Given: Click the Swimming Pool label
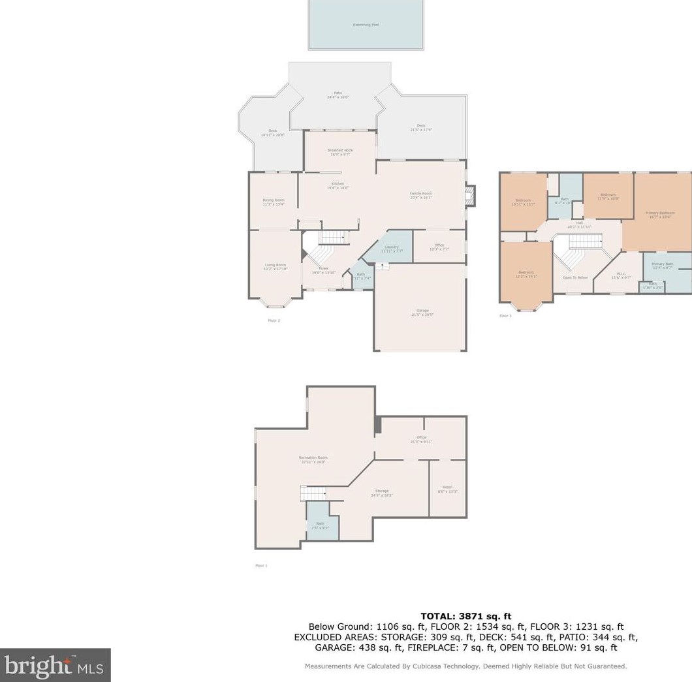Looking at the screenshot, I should pyautogui.click(x=366, y=25).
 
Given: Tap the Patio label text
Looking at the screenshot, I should pyautogui.click(x=338, y=95).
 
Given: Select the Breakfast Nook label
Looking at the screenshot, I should pyautogui.click(x=340, y=151).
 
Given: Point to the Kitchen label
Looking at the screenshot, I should pyautogui.click(x=338, y=185).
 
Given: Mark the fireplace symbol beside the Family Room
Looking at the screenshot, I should pyautogui.click(x=469, y=194).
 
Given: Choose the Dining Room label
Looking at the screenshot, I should pyautogui.click(x=274, y=202).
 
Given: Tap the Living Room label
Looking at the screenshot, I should pyautogui.click(x=275, y=266).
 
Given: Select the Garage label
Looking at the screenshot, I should pyautogui.click(x=422, y=312).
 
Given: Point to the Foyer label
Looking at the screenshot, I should pyautogui.click(x=323, y=270).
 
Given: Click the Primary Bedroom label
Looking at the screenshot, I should pyautogui.click(x=659, y=215).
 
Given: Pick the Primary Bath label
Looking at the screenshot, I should pyautogui.click(x=662, y=265).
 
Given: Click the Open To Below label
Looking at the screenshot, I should pyautogui.click(x=575, y=277).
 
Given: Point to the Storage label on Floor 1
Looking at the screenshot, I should pyautogui.click(x=382, y=492).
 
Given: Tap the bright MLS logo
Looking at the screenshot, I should pyautogui.click(x=55, y=665).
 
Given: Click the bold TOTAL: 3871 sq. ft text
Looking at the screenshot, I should pyautogui.click(x=465, y=615).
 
